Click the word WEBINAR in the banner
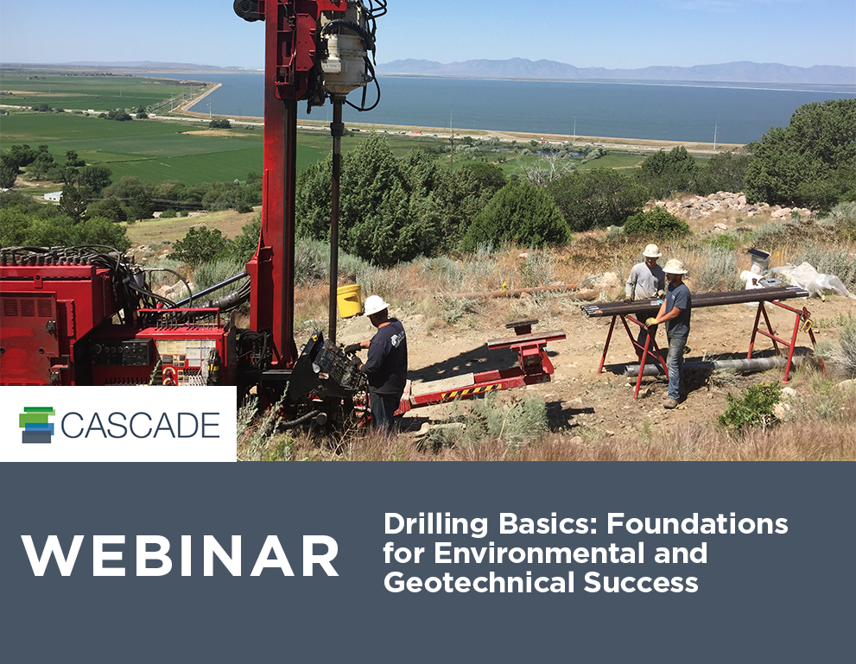point(181,556)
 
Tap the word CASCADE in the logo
point(140,425)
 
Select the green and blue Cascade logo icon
point(37,424)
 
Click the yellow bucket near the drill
point(349,300)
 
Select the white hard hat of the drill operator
point(375,305)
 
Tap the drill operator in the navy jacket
point(384,363)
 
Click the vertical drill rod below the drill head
point(334,216)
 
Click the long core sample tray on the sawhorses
point(695,301)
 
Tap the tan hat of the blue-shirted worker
point(675,267)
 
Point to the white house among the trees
point(53,197)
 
